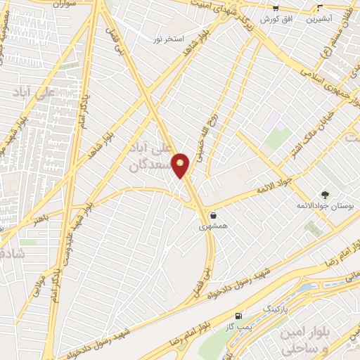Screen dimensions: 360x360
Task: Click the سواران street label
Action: pyautogui.click(x=64, y=4)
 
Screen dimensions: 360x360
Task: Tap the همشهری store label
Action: pyautogui.click(x=212, y=226)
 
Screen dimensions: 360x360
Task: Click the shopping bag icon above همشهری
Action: pyautogui.click(x=212, y=216)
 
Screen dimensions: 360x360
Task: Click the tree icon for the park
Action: pyautogui.click(x=324, y=194)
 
